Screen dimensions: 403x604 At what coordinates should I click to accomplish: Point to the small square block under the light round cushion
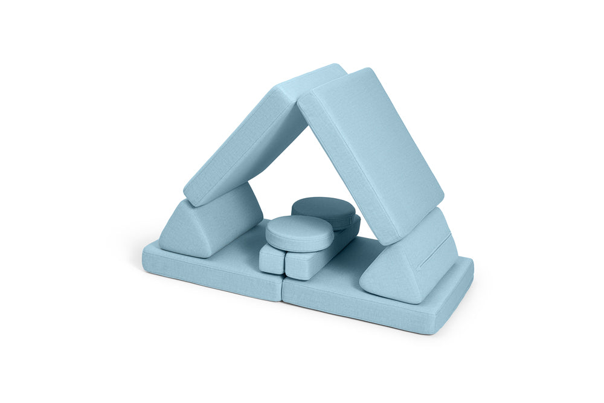[x=271, y=260]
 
